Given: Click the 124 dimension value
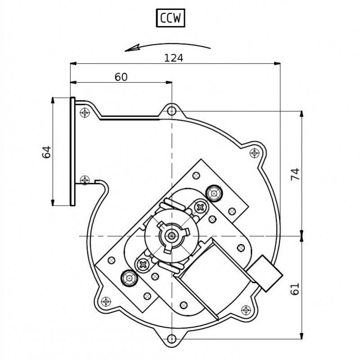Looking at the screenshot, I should (x=173, y=58).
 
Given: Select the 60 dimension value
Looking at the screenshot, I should (x=121, y=77).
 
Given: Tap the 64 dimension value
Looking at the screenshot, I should (x=46, y=152).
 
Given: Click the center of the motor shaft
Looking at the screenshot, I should (x=171, y=235).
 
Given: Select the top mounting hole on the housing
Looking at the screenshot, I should (x=171, y=110).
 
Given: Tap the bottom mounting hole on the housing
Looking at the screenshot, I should (x=171, y=339).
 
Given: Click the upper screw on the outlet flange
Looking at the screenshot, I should (x=84, y=112).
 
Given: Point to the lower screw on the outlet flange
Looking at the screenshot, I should (x=84, y=180).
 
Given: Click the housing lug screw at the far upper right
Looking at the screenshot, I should (x=255, y=153).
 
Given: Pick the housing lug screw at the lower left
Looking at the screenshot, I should (x=106, y=301).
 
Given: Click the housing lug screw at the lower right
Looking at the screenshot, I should (x=246, y=310).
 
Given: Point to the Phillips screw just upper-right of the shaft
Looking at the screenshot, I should (x=199, y=207).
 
